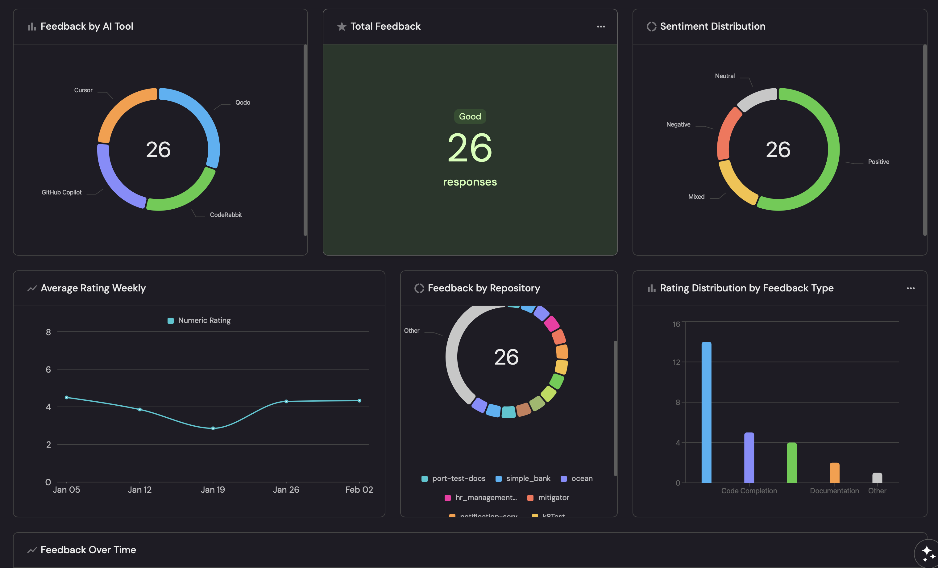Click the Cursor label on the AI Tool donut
click(x=83, y=90)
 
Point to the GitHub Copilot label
click(x=61, y=192)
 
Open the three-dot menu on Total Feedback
click(x=601, y=27)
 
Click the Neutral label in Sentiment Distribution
click(x=724, y=76)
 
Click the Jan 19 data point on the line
click(x=213, y=428)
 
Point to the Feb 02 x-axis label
click(x=359, y=490)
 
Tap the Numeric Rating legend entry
click(x=199, y=320)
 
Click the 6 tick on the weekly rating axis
click(x=48, y=370)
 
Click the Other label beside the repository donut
click(x=412, y=331)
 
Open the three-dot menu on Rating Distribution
click(x=911, y=288)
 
